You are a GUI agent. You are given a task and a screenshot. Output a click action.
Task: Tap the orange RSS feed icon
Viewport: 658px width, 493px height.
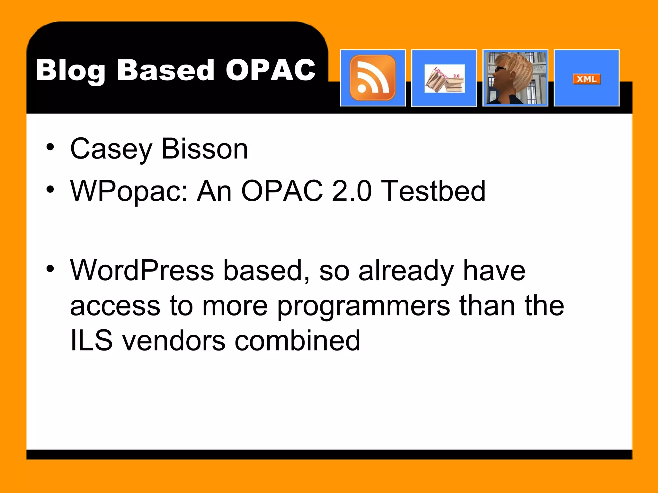point(373,78)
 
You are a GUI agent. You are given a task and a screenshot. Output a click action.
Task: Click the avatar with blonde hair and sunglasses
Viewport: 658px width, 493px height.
point(515,78)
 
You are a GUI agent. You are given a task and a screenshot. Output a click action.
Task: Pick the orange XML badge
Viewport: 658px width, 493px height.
point(586,79)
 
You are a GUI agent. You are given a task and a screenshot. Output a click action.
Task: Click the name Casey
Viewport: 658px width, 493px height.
point(111,149)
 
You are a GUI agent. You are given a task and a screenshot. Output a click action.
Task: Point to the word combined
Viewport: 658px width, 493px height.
point(297,341)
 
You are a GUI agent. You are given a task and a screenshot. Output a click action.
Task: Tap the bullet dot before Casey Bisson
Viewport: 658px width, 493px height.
point(50,147)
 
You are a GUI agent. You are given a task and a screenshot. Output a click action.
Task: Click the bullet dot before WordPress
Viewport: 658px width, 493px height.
point(50,268)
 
